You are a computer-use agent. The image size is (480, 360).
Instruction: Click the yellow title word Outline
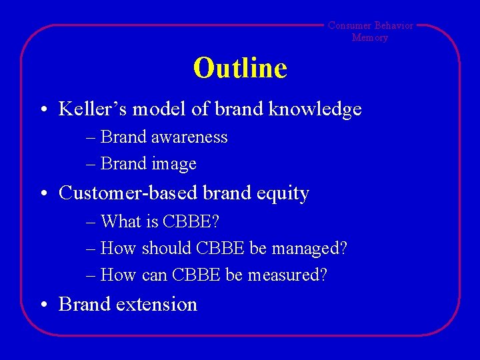240,68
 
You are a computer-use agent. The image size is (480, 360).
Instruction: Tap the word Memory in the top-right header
370,37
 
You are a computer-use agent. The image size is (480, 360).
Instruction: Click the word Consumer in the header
349,25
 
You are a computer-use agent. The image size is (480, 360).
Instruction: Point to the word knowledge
315,109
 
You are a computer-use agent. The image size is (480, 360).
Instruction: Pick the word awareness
189,137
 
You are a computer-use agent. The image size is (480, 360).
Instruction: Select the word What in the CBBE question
119,221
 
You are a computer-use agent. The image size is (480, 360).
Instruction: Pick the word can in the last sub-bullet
154,275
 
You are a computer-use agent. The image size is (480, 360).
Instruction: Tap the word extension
157,304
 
